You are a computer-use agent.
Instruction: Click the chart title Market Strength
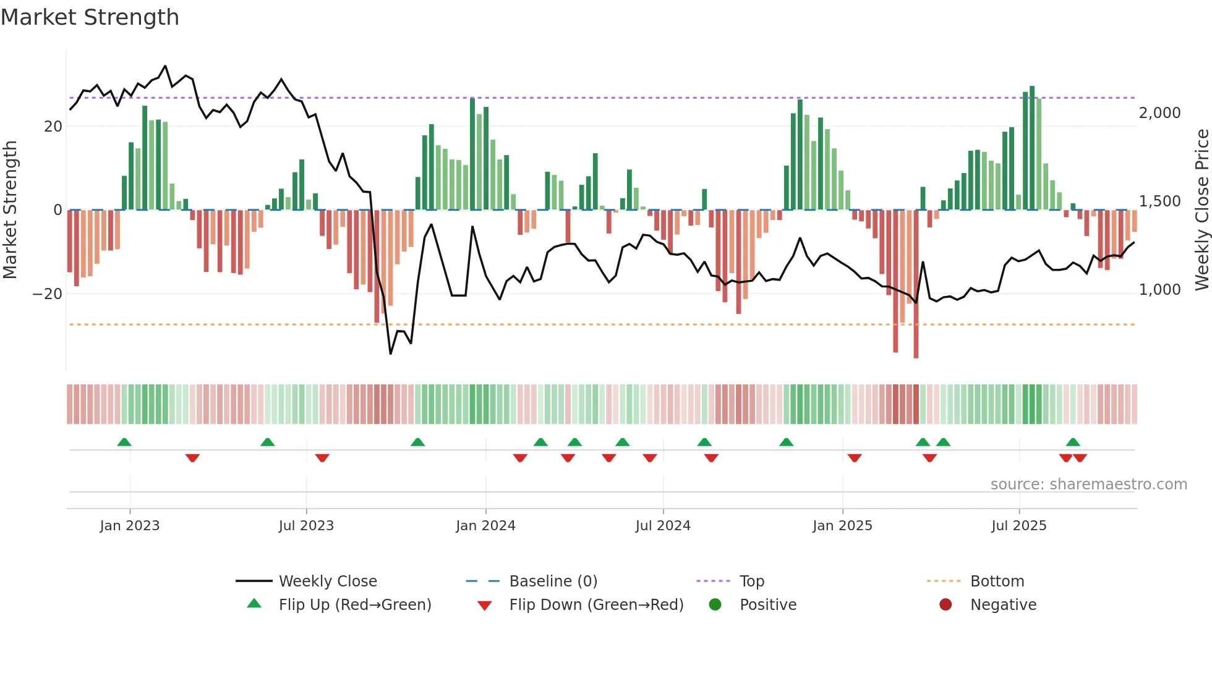click(x=90, y=17)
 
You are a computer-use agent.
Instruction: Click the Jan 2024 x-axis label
click(x=485, y=526)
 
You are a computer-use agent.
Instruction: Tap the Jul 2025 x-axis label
click(x=1018, y=526)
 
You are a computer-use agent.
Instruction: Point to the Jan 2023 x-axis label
click(x=130, y=526)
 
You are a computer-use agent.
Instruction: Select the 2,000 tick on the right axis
click(x=1159, y=113)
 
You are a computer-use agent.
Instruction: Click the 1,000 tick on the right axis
click(x=1159, y=290)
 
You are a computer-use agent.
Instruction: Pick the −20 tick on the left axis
click(x=48, y=294)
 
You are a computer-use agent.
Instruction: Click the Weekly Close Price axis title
click(x=1201, y=210)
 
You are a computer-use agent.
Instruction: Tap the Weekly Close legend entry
click(x=327, y=582)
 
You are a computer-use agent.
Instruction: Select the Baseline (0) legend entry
click(x=553, y=582)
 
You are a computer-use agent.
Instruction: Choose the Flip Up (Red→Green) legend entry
click(x=354, y=605)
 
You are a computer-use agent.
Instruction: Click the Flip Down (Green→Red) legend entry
click(x=596, y=605)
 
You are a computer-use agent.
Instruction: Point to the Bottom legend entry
click(x=997, y=582)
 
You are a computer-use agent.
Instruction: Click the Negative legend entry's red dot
click(x=945, y=605)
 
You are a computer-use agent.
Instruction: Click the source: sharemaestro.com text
click(x=1088, y=484)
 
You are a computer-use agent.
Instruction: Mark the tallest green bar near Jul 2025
click(x=1032, y=148)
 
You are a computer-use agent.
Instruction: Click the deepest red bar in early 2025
click(x=916, y=284)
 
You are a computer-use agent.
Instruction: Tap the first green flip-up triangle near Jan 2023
click(x=124, y=442)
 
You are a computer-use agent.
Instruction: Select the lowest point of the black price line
click(x=390, y=353)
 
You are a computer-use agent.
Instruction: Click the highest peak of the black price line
click(x=165, y=66)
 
